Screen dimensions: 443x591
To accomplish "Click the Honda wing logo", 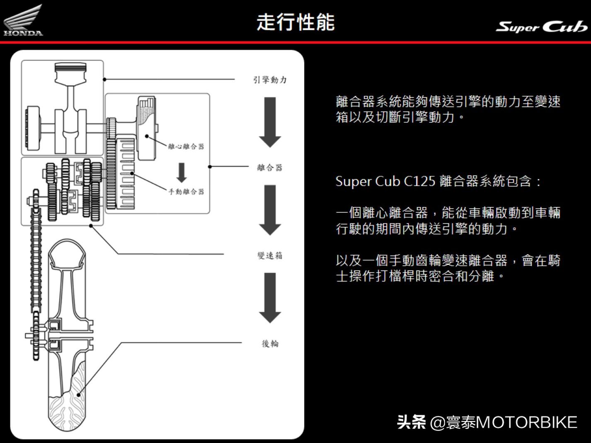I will tap(23, 20).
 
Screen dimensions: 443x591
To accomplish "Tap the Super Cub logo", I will tap(541, 26).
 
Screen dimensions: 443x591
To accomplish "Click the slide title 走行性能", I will tap(295, 22).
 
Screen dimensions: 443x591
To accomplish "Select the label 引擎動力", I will tap(270, 79).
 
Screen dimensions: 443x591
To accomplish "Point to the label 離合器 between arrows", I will tap(270, 167).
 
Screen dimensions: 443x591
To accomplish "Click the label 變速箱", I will tap(270, 255).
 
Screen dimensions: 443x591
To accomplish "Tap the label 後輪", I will tap(270, 344).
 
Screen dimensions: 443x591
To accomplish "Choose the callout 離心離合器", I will tap(186, 146).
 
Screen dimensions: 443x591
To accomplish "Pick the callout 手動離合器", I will tap(186, 191).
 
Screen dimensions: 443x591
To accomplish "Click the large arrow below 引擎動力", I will tap(270, 122).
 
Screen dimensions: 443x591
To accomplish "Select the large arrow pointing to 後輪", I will tap(270, 297).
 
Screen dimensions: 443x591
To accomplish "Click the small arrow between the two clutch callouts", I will tap(181, 172).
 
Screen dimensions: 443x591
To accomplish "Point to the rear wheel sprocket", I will tap(36, 335).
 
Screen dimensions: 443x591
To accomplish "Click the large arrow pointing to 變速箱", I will tap(270, 209).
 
